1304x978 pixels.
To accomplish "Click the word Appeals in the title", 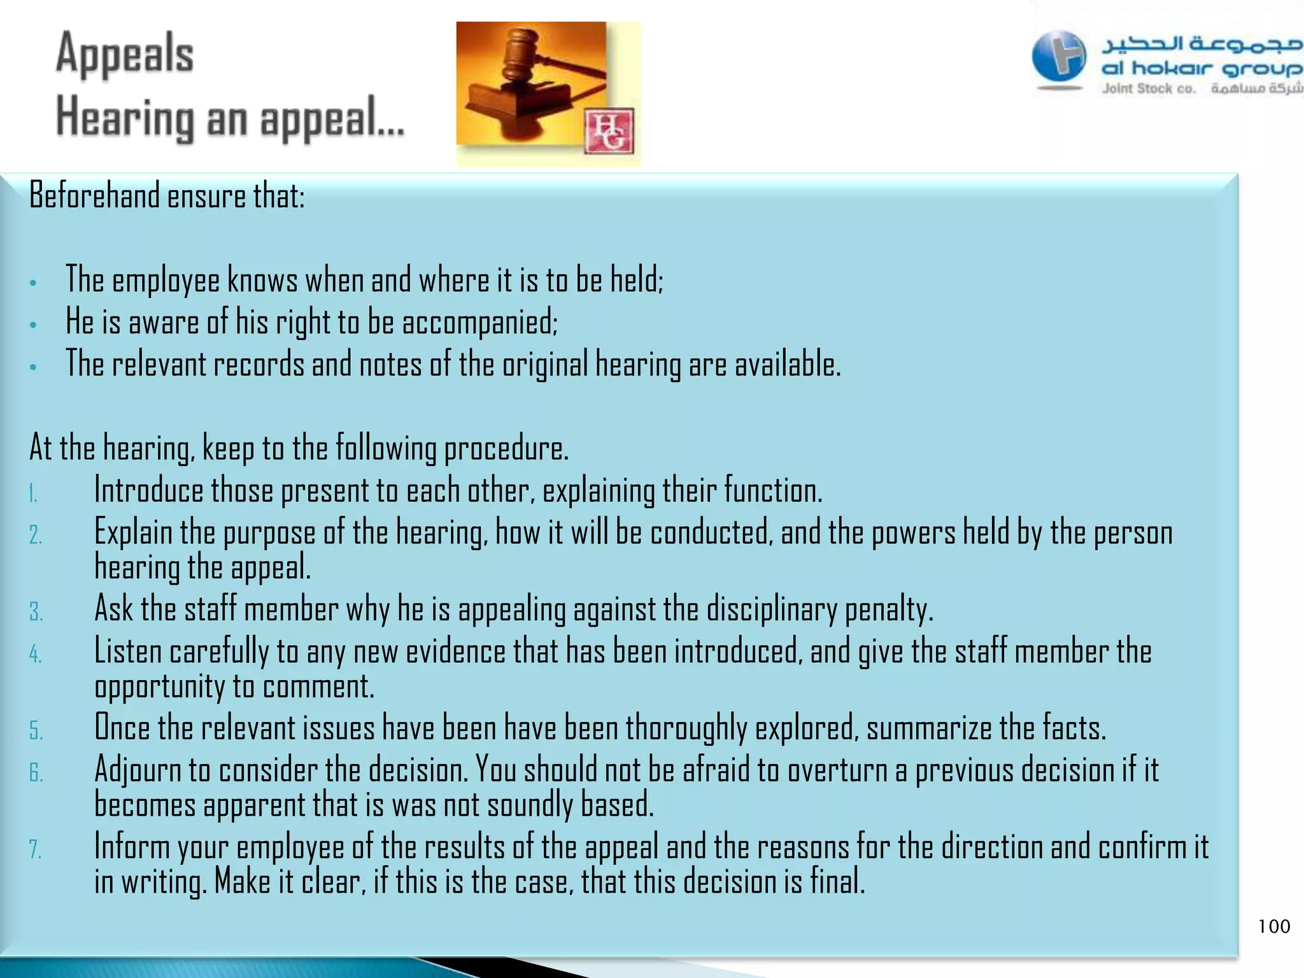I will click(125, 54).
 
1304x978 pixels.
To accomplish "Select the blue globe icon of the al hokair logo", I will click(1059, 57).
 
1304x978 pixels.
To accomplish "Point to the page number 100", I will click(1273, 926).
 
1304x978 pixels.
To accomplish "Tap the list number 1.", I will click(33, 493).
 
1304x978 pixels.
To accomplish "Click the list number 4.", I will click(35, 655).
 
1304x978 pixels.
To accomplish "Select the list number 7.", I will click(35, 849).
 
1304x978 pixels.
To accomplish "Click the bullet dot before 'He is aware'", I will click(33, 325).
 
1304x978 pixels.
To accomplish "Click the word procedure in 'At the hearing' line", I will click(506, 448).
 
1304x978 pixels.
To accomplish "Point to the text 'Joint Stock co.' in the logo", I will click(1149, 89).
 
